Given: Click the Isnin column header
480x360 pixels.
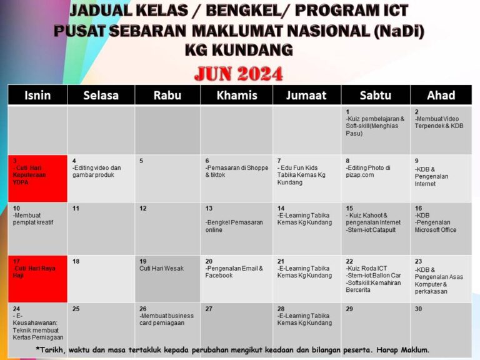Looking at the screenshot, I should [37, 95].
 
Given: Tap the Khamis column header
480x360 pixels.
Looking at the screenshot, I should [236, 95].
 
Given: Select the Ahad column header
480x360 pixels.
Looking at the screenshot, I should [441, 95].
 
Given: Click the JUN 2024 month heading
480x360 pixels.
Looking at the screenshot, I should [239, 74].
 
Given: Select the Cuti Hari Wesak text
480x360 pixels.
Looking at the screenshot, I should [161, 269].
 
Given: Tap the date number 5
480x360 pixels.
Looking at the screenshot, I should [141, 161].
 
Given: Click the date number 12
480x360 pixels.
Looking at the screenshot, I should [143, 208].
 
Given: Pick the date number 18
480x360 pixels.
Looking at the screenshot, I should [76, 261].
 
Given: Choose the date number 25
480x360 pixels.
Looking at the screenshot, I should [76, 309].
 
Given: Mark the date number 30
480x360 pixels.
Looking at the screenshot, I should [418, 309].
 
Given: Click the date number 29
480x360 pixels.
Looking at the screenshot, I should [349, 309].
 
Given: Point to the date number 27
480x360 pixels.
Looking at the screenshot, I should [209, 309].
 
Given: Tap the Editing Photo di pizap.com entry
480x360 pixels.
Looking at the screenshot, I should [369, 171].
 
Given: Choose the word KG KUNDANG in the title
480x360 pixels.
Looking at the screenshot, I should [239, 50].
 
